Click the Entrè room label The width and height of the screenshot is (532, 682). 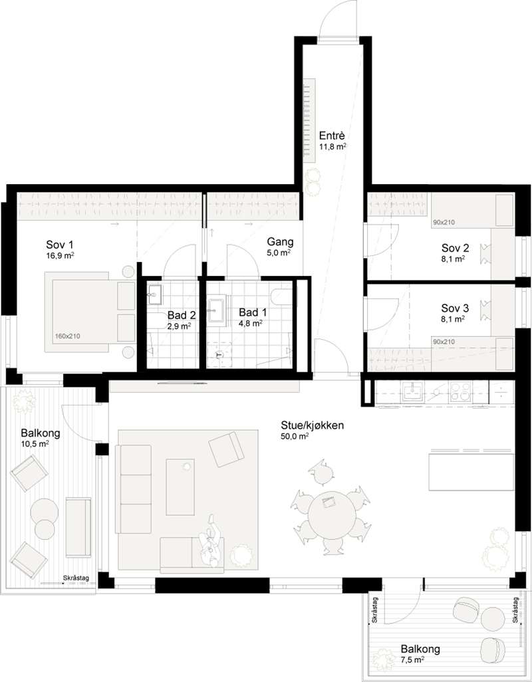click(x=332, y=135)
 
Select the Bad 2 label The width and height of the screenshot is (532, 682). click(x=182, y=315)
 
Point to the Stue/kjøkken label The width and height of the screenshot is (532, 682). click(x=312, y=425)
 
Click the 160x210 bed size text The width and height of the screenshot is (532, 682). click(x=67, y=336)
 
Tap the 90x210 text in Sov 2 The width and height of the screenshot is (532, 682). click(x=444, y=223)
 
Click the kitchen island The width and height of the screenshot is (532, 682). click(x=471, y=472)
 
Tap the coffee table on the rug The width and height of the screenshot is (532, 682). click(x=180, y=487)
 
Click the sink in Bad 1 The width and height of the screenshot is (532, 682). click(x=216, y=310)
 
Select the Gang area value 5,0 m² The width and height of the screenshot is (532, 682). click(x=279, y=253)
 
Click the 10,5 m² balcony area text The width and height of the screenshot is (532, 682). click(x=35, y=443)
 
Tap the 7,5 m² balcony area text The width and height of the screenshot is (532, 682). click(x=412, y=660)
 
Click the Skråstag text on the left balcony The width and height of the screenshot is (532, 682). click(x=76, y=578)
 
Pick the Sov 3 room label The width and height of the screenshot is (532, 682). click(x=455, y=308)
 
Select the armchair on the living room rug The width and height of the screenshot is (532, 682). click(x=226, y=449)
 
